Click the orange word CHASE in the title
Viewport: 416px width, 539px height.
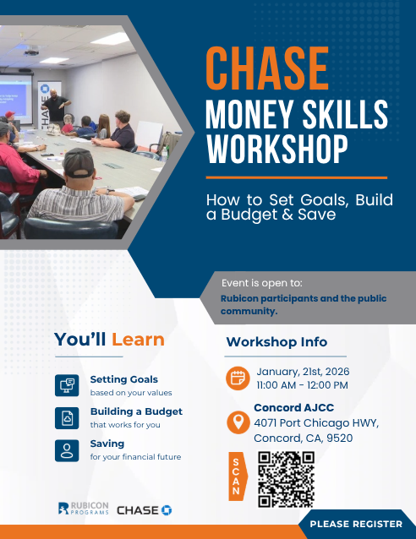267,68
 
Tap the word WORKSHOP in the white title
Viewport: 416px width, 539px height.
277,149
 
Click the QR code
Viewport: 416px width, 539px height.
287,479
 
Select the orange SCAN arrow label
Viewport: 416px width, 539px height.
238,476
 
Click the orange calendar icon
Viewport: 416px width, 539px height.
238,378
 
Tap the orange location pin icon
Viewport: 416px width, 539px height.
238,422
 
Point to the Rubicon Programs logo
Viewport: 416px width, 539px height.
84,509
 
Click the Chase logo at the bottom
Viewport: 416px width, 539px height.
145,510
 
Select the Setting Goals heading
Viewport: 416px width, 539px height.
124,379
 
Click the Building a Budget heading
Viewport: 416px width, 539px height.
136,411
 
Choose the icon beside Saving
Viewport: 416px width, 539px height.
67,450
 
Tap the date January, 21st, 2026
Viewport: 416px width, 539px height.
303,372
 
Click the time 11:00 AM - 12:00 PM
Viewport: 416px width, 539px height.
302,385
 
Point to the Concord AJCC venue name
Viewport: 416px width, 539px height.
294,408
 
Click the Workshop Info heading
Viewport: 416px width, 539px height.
276,342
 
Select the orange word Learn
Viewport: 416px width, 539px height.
138,340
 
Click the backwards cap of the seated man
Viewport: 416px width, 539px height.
79,162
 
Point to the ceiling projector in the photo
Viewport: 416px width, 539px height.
31,52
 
